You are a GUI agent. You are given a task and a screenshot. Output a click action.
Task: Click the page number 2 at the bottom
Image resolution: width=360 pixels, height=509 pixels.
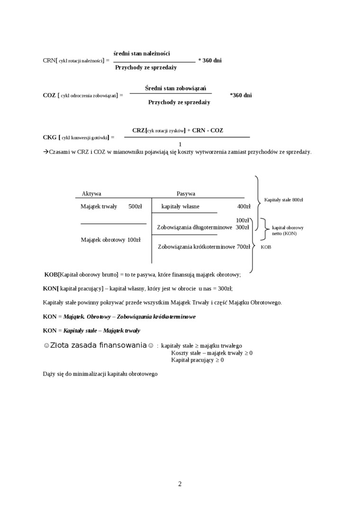pos(180,483)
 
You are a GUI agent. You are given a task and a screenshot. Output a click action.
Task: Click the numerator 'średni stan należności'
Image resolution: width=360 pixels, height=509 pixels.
pos(142,53)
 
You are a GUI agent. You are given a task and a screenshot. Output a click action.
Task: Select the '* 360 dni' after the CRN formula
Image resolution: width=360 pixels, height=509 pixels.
pos(210,61)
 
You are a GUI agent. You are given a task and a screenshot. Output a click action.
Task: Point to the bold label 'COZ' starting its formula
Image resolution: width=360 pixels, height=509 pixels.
pos(49,95)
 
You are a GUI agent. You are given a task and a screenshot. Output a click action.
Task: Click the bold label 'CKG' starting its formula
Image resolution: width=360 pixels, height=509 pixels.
pos(50,137)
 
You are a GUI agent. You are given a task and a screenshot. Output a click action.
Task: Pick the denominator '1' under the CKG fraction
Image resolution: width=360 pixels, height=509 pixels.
pos(180,144)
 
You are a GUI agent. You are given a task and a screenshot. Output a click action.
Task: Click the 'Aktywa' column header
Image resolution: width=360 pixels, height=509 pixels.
pos(91,194)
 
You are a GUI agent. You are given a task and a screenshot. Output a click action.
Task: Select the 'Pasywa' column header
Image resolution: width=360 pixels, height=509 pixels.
pos(186,194)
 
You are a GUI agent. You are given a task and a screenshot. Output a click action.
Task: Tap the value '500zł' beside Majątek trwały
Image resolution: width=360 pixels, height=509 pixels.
pos(135,206)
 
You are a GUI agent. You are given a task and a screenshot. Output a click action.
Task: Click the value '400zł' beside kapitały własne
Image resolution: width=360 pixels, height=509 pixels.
pos(243,206)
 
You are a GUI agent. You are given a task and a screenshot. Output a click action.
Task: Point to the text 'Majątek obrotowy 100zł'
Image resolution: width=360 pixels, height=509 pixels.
pos(111,240)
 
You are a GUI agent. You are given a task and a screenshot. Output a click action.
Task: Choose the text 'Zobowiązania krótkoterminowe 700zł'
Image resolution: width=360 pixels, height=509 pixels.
pos(204,246)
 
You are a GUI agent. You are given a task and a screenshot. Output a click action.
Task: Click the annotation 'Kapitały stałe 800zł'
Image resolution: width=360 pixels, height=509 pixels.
pos(283,200)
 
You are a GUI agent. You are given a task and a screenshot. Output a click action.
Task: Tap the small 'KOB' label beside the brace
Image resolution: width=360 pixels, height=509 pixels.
pos(266,247)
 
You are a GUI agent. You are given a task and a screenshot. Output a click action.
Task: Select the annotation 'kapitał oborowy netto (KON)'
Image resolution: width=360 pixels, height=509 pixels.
pos(288,230)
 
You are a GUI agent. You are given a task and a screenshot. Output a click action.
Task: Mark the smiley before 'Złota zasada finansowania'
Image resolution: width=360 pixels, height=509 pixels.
pos(46,346)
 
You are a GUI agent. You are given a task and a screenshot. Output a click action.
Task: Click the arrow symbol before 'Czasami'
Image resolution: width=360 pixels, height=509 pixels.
pos(46,152)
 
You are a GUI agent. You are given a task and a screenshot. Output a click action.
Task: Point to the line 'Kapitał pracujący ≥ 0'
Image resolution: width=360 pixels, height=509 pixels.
pos(198,360)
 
